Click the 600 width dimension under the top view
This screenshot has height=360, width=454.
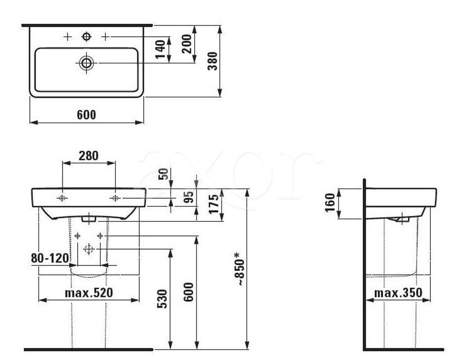[x=86, y=115]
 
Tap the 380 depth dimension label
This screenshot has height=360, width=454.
[x=212, y=61]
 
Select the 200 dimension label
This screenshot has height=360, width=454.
[x=187, y=44]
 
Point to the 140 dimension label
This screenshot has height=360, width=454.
[x=160, y=49]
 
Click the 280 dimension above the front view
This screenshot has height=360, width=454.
[x=89, y=156]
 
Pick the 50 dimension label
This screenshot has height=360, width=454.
[x=163, y=174]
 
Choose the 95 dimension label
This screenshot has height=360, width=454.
[x=189, y=197]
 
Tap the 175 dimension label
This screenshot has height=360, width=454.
[x=214, y=204]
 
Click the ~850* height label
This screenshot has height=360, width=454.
[x=240, y=269]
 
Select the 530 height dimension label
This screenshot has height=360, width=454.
[x=162, y=299]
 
